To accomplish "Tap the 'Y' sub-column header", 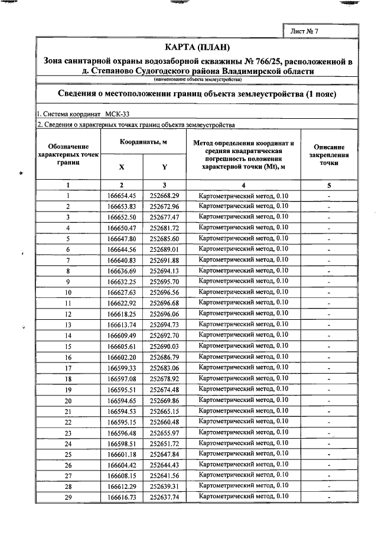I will pyautogui.click(x=164, y=167).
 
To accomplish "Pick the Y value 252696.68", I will pyautogui.click(x=164, y=303).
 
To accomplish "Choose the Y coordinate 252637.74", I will pyautogui.click(x=164, y=497).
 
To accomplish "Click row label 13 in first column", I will pyautogui.click(x=68, y=325).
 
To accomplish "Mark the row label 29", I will pyautogui.click(x=68, y=497).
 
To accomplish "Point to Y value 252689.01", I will pyautogui.click(x=164, y=249).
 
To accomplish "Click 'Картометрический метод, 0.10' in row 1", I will pyautogui.click(x=243, y=195).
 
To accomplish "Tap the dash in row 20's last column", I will pyautogui.click(x=329, y=400).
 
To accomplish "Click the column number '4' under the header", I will pyautogui.click(x=243, y=185).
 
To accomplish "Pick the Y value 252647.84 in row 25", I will pyautogui.click(x=164, y=454).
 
